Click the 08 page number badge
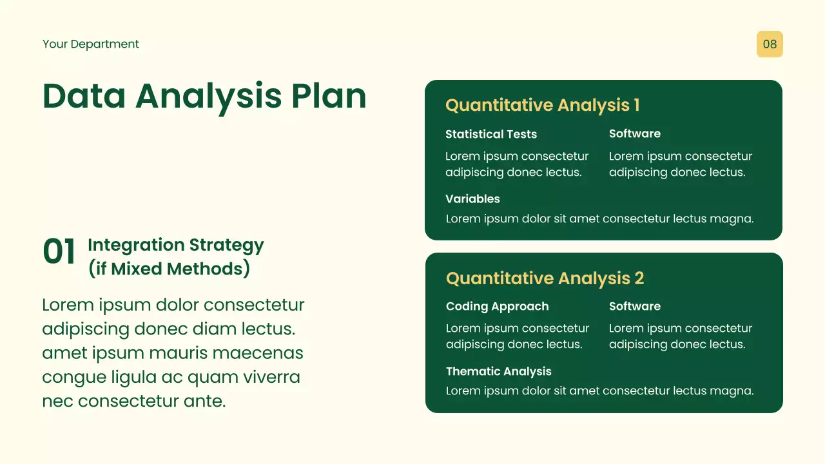click(x=770, y=44)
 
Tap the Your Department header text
click(x=91, y=44)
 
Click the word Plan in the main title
click(x=329, y=96)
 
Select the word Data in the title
click(x=84, y=96)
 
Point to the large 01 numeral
click(x=59, y=251)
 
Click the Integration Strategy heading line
click(x=176, y=246)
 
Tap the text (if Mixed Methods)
click(x=169, y=269)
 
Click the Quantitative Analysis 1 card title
click(x=543, y=105)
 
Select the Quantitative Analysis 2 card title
click(x=545, y=278)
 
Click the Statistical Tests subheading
click(x=491, y=134)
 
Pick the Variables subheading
click(x=472, y=199)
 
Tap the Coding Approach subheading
click(x=497, y=306)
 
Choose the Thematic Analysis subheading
click(x=499, y=371)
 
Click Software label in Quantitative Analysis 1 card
click(x=635, y=133)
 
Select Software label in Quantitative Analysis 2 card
click(x=635, y=306)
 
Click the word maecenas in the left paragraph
click(x=258, y=353)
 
